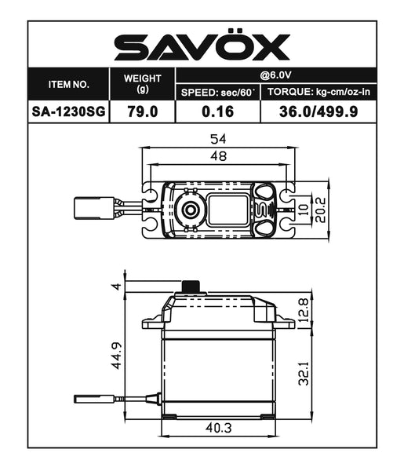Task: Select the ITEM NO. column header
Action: pos(69,84)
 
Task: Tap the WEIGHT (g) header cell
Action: pos(143,84)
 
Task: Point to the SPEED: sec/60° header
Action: pos(219,93)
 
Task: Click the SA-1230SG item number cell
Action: pos(69,111)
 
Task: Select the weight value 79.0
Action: pos(143,111)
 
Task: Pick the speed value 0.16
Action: pos(219,111)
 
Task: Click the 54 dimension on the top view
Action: pos(219,139)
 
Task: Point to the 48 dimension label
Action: pos(219,158)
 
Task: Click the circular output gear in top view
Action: pos(188,209)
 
